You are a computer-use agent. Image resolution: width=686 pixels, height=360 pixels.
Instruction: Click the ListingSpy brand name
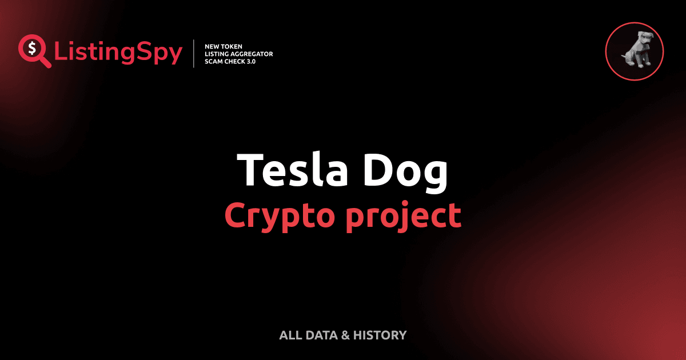pos(118,53)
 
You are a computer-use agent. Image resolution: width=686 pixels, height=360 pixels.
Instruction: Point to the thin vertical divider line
pos(196,53)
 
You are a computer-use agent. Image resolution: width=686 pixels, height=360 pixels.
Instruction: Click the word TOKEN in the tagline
pos(233,46)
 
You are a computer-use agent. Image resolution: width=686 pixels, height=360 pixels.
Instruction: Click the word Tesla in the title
pos(292,170)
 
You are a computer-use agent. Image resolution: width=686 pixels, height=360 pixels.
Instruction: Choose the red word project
pos(405,216)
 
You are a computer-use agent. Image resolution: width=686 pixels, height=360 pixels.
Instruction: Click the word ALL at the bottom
pos(290,335)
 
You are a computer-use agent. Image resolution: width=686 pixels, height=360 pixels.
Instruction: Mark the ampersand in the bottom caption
pos(345,335)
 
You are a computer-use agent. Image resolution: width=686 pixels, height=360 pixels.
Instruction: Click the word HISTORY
pos(380,335)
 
